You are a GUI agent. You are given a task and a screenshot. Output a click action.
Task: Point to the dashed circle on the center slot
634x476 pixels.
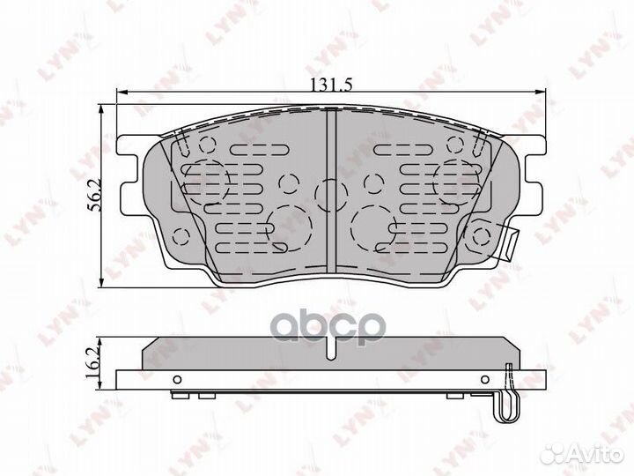tap(329, 193)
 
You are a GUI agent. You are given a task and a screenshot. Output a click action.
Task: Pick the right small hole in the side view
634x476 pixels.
tap(483, 380)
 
